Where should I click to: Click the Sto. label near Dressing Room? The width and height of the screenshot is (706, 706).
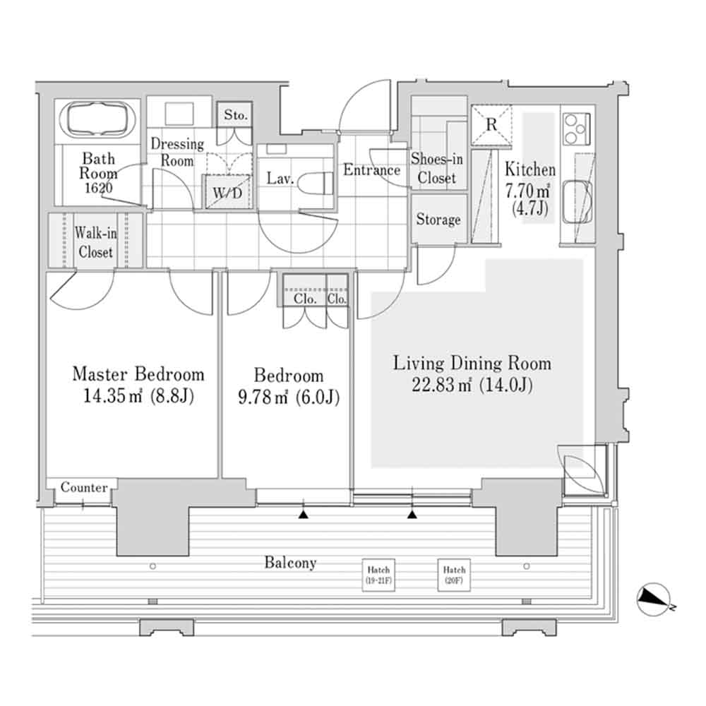click(x=236, y=115)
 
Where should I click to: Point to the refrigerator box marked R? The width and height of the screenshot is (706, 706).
click(x=491, y=125)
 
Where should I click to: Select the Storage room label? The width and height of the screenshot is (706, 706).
click(x=438, y=220)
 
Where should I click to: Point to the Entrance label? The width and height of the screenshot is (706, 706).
click(x=371, y=169)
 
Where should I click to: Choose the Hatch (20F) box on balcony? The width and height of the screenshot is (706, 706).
click(x=454, y=574)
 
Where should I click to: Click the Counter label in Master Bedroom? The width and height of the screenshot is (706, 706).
click(x=84, y=488)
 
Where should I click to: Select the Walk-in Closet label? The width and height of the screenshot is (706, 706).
click(x=95, y=241)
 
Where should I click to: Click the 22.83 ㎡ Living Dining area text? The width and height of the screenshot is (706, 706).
click(x=472, y=385)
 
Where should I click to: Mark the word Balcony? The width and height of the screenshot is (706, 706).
click(x=290, y=563)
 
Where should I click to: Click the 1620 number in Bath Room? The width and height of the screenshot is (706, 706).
click(x=97, y=188)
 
